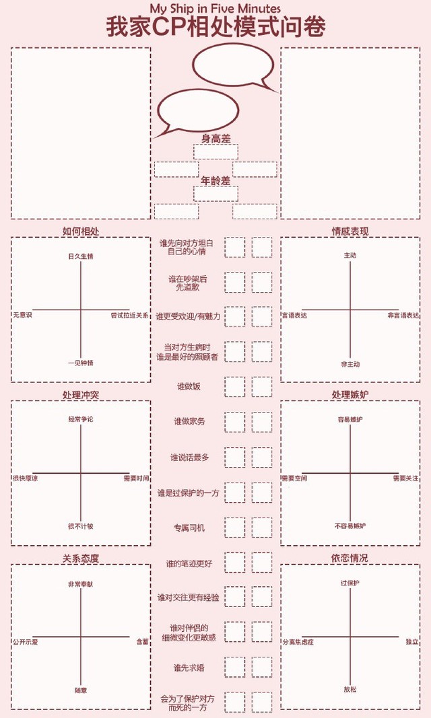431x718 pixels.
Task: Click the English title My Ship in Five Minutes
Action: (x=215, y=7)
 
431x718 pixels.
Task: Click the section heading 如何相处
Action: (x=81, y=231)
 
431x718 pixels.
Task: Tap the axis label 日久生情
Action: (x=81, y=256)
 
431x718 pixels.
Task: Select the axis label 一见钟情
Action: (x=81, y=363)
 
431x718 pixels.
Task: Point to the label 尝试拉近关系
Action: (x=130, y=315)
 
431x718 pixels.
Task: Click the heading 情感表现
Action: (x=350, y=231)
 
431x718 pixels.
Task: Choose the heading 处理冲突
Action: (x=81, y=394)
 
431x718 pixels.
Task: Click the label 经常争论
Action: (x=81, y=419)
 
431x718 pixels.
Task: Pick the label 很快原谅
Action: (x=26, y=478)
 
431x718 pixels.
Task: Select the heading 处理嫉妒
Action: (x=350, y=394)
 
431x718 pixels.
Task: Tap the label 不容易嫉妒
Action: (x=350, y=525)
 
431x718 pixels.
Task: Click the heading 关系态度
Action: (x=81, y=558)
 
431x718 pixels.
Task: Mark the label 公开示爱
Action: (x=26, y=642)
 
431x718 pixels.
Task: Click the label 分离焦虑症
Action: (x=298, y=642)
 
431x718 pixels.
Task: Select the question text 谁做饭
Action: (x=189, y=386)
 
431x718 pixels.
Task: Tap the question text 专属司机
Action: (x=189, y=528)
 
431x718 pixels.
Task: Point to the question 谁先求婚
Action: (x=189, y=668)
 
